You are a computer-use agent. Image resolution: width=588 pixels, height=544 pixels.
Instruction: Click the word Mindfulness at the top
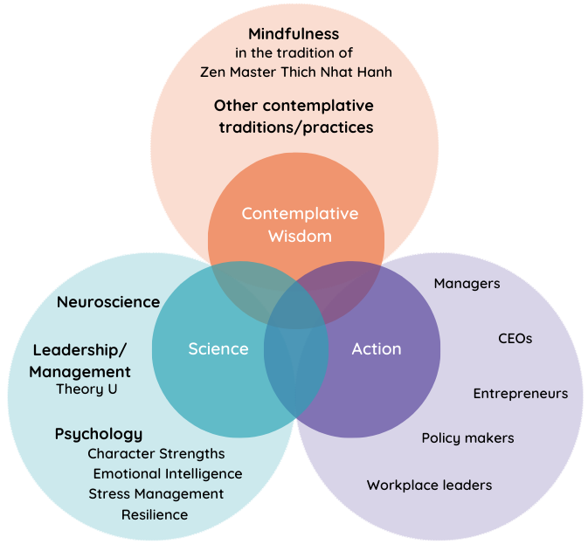point(294,34)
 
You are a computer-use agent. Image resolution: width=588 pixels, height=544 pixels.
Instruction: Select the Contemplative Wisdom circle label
point(300,224)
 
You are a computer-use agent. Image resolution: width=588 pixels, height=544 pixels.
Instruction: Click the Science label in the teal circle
point(218,349)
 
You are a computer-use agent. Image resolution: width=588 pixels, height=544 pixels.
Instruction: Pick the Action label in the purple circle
point(377,349)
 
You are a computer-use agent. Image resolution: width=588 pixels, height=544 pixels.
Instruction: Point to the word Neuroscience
point(108,302)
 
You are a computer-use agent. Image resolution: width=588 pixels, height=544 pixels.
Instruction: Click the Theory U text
point(86,389)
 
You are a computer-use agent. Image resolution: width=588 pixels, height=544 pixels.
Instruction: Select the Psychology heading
point(99,434)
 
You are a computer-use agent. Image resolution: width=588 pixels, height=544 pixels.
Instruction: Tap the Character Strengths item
point(156,454)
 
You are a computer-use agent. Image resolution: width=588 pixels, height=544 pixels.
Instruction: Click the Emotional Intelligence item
point(168,474)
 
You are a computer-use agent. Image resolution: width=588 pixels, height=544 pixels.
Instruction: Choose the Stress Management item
point(156,494)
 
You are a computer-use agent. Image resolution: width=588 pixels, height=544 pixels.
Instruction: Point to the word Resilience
point(155,514)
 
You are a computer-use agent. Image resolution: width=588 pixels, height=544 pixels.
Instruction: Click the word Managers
point(467,283)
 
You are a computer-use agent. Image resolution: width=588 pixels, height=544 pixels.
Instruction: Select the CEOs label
point(515,338)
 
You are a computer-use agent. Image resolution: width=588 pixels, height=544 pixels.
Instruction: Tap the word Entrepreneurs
point(521,394)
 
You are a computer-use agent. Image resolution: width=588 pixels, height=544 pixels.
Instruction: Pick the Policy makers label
point(467,438)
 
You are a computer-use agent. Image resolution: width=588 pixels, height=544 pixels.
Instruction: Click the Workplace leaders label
point(429,485)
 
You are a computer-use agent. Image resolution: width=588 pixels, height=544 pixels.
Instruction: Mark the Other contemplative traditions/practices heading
point(294,116)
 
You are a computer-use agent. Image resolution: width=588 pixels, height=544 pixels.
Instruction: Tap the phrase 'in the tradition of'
point(294,53)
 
